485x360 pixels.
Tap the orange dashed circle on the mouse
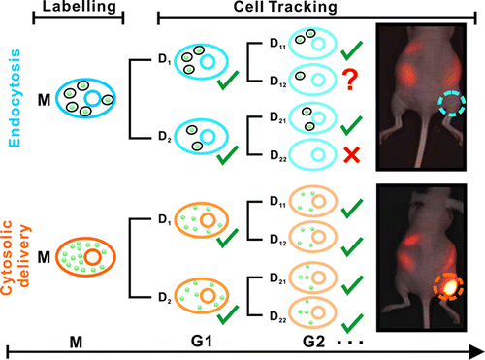(x=448, y=283)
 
